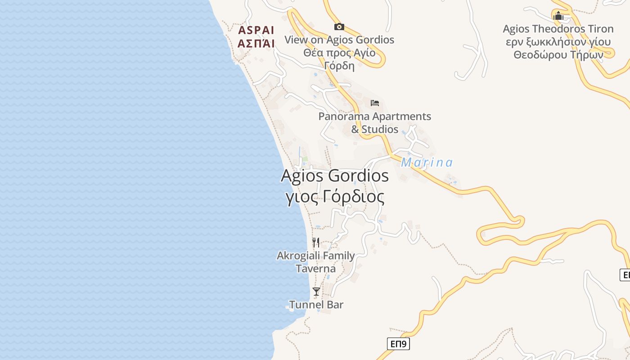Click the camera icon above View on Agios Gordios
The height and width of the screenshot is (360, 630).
coord(339,27)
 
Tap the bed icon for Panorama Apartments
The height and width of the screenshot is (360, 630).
coord(375,103)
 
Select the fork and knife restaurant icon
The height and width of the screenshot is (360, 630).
coord(316,243)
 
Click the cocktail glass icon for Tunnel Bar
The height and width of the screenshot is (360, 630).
coord(316,292)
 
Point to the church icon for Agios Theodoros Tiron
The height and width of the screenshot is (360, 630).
coord(558,16)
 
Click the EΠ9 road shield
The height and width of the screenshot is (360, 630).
coord(398,344)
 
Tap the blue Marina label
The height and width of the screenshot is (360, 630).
coord(427,162)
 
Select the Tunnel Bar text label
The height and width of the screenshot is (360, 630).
coord(316,305)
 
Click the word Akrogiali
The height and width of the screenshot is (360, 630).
coord(299,256)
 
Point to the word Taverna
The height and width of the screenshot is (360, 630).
coord(315,269)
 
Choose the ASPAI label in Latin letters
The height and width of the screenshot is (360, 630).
coord(256,31)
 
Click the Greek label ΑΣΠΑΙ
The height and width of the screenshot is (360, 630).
coord(256,44)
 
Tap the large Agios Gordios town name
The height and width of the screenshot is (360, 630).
coord(334,175)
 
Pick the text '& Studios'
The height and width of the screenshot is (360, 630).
coord(375,129)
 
